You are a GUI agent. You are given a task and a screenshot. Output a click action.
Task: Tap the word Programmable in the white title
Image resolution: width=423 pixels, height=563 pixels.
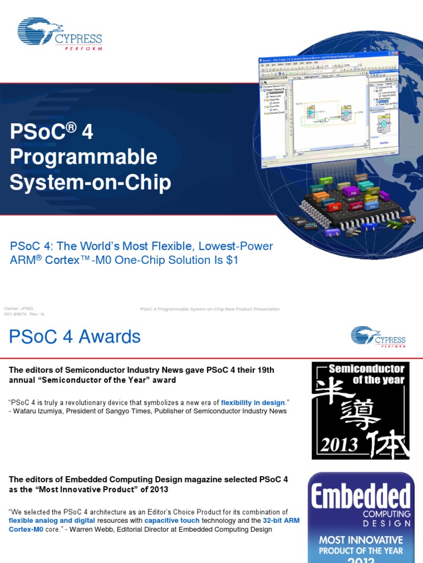(84, 157)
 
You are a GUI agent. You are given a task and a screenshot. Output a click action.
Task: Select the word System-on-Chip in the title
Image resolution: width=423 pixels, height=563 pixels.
(90, 183)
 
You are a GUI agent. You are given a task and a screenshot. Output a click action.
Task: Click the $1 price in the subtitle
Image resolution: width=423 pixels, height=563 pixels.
(232, 260)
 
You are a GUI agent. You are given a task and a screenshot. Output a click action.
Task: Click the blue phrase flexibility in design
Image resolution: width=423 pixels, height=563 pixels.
(253, 402)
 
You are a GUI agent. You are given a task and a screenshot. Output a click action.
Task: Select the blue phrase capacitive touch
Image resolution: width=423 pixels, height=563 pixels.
(171, 521)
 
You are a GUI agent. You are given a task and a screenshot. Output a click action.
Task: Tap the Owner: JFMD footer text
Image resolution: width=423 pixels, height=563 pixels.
(15, 309)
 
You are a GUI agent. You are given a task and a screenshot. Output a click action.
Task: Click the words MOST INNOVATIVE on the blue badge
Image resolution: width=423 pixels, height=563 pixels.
(361, 540)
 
